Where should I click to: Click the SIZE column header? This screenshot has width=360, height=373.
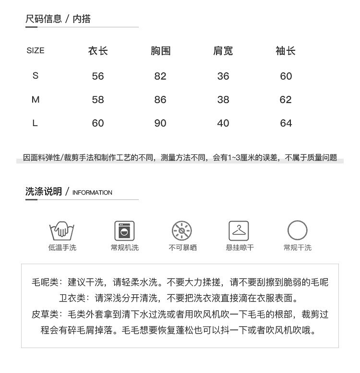[x=36, y=50]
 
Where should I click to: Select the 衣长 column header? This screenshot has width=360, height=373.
[x=98, y=51]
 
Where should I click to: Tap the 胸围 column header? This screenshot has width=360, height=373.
[x=160, y=51]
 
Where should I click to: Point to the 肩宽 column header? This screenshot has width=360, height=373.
[x=223, y=51]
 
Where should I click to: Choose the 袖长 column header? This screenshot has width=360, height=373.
[x=286, y=51]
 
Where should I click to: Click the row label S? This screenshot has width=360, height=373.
[x=36, y=76]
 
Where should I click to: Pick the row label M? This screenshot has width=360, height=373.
[x=36, y=100]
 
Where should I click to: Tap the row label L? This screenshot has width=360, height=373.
[x=35, y=123]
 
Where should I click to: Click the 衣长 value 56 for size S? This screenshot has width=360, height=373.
[x=98, y=76]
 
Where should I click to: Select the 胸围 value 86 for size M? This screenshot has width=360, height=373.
[x=160, y=100]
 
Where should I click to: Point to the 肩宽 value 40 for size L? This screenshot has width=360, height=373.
[x=223, y=123]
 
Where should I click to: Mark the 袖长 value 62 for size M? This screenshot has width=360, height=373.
[x=286, y=100]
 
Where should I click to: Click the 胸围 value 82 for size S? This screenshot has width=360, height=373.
[x=160, y=76]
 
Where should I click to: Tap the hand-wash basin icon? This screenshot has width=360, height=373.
[x=62, y=231]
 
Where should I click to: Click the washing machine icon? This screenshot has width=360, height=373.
[x=124, y=231]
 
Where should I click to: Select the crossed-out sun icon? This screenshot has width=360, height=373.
[x=182, y=231]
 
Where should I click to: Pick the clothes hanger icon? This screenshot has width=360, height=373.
[x=239, y=231]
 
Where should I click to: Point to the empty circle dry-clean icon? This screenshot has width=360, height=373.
[x=297, y=231]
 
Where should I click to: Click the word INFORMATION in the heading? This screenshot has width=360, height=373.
[x=92, y=193]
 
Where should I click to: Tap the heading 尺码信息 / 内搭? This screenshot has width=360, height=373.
[x=58, y=19]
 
